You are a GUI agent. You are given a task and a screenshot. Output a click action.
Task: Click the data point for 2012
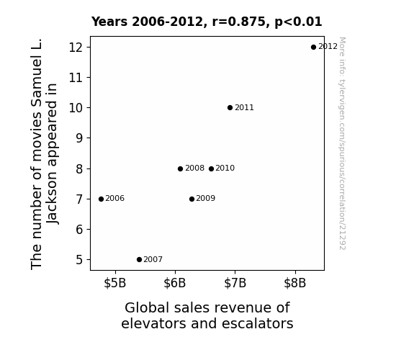[x=313, y=48]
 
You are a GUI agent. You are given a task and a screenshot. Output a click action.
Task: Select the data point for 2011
[x=230, y=108]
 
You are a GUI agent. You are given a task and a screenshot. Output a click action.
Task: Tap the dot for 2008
[x=180, y=168]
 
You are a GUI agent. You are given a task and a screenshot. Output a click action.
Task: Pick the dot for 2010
[x=211, y=168]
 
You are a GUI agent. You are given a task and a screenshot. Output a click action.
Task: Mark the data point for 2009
[x=192, y=199]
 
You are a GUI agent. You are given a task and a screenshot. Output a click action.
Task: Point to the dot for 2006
[x=101, y=199]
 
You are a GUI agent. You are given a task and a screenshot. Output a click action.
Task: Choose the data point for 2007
[x=140, y=260]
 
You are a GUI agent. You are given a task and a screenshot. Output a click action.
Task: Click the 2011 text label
[x=244, y=108]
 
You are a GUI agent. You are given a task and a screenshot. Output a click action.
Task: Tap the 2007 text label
[x=153, y=260]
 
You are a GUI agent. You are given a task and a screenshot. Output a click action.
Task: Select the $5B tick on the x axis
[x=115, y=283]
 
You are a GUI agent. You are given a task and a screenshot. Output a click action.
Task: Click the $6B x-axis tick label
[x=175, y=283]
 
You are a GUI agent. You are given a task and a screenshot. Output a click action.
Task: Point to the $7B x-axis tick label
[x=235, y=283]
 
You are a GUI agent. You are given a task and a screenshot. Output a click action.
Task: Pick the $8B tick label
[x=295, y=283]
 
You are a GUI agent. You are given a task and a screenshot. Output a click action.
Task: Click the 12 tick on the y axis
[x=76, y=48]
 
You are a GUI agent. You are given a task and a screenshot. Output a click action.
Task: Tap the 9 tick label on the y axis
[x=79, y=138]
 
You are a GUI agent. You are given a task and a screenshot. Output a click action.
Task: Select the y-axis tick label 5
[x=79, y=260]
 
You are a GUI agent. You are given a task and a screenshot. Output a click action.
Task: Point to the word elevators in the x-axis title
[x=153, y=323]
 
